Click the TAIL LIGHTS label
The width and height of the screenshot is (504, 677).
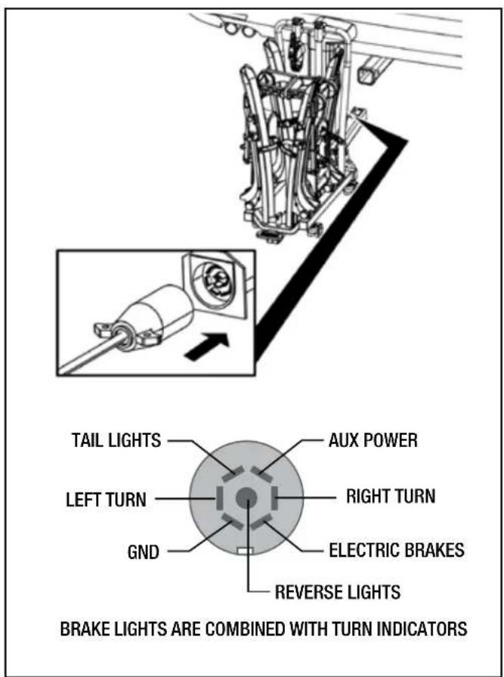(117, 440)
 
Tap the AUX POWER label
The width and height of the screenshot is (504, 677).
(373, 440)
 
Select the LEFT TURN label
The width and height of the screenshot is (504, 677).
(106, 499)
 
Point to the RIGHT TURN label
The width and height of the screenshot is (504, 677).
(391, 496)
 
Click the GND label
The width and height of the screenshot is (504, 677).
(143, 552)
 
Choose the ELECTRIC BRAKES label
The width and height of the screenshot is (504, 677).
(397, 550)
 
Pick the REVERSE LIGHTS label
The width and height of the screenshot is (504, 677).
(338, 592)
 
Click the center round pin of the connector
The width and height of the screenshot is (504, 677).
(246, 498)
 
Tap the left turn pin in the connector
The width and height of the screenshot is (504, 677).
(219, 498)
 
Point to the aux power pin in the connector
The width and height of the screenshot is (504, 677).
(261, 474)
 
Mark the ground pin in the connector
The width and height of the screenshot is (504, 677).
(232, 522)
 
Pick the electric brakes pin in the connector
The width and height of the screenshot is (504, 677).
(261, 522)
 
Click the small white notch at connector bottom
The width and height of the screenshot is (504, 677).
(246, 551)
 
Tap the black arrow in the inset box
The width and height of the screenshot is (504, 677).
(208, 346)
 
